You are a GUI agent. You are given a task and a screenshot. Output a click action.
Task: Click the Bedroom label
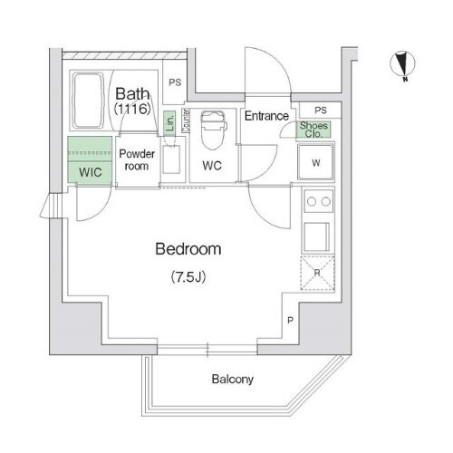[188, 248]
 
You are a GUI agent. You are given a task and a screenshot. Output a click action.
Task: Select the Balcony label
[233, 380]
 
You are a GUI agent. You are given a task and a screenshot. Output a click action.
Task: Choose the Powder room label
[138, 159]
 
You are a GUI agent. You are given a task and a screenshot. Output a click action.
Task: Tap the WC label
[213, 166]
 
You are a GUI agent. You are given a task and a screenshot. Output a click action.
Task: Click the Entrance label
[266, 116]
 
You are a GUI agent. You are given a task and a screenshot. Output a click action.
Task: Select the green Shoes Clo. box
[315, 129]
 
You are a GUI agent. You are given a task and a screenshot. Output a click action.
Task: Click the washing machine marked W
[315, 164]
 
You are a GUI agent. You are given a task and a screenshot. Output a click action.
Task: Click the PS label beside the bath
[174, 82]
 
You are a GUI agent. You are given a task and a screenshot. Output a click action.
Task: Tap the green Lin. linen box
[169, 122]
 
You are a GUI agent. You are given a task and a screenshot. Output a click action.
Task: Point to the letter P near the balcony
[289, 320]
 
